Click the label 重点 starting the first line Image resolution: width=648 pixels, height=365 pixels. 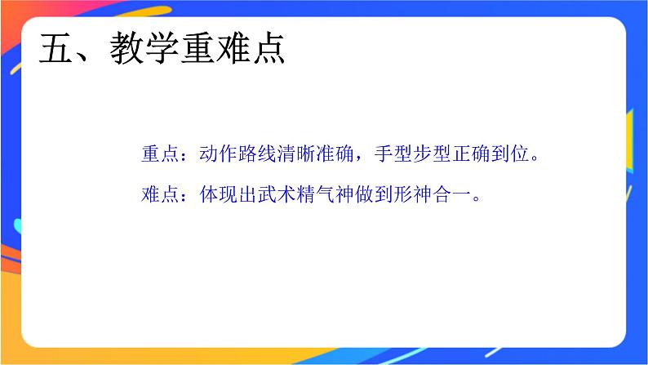pos(159,154)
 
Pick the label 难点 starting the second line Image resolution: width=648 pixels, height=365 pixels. pos(159,195)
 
